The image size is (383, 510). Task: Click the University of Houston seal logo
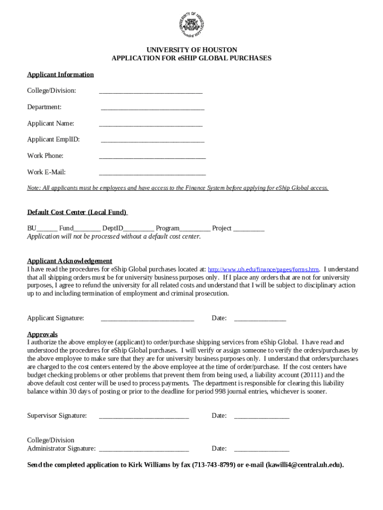click(191, 24)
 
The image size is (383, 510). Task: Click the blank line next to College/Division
click(151, 92)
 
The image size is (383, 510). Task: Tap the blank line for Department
click(153, 109)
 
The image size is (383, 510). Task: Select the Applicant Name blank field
click(151, 125)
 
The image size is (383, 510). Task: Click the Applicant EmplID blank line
click(153, 141)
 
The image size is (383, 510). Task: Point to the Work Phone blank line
click(152, 157)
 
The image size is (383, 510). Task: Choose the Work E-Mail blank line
click(152, 174)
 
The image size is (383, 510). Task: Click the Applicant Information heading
click(60, 75)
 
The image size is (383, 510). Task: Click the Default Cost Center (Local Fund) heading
click(77, 212)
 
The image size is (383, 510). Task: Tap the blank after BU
click(47, 230)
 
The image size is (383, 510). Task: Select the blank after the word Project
click(249, 230)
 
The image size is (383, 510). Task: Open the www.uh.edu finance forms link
click(263, 269)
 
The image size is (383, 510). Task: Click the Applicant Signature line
click(147, 319)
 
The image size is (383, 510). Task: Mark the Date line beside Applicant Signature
click(260, 319)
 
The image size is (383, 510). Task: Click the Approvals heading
click(42, 334)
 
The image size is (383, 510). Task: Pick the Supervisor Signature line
click(144, 417)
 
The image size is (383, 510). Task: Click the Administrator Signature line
click(144, 450)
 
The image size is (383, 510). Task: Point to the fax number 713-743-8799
click(214, 465)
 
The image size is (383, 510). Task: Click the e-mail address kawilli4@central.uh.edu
click(304, 465)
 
